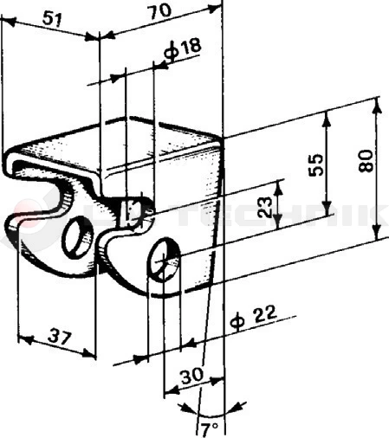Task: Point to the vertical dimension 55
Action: (317, 164)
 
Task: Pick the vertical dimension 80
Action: (367, 161)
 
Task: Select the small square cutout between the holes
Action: (131, 210)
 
